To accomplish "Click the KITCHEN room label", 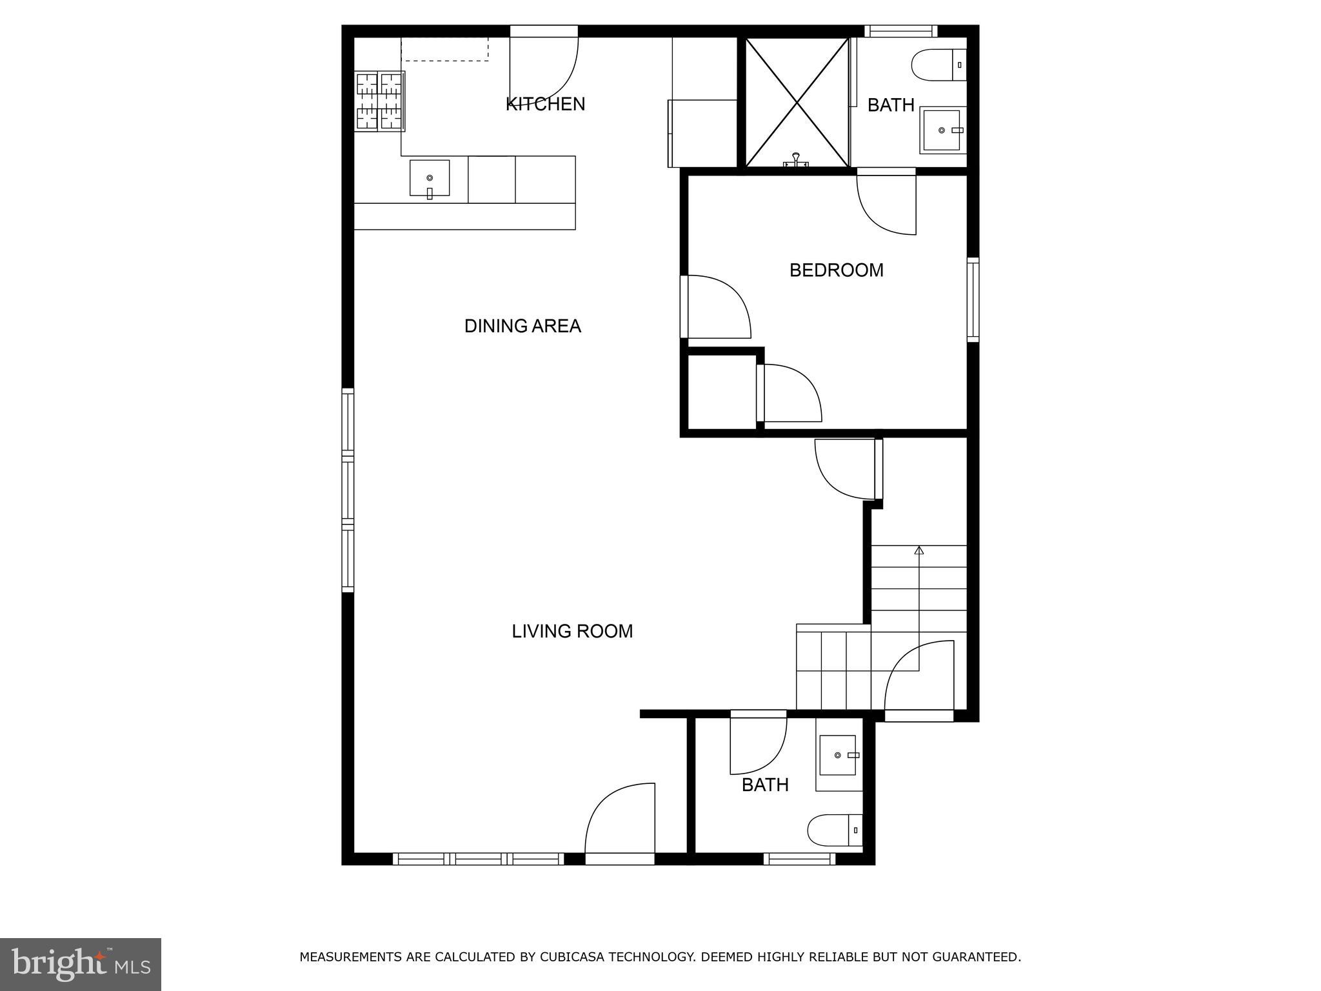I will (x=545, y=104).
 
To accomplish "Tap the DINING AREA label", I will (x=522, y=326).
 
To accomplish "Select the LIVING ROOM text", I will (x=572, y=631).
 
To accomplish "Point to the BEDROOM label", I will (x=836, y=270).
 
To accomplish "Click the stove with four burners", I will (x=379, y=101).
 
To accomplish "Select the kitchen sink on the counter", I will (x=430, y=179).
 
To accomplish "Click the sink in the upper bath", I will (x=942, y=130).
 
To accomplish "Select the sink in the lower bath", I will (x=838, y=755).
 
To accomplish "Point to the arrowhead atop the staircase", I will (x=919, y=550).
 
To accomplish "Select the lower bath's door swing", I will (x=758, y=746).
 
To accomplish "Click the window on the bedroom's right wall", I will (x=973, y=299).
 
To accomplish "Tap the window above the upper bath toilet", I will (x=900, y=31).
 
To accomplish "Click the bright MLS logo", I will (x=81, y=964).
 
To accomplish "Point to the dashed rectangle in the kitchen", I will (x=445, y=49).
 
